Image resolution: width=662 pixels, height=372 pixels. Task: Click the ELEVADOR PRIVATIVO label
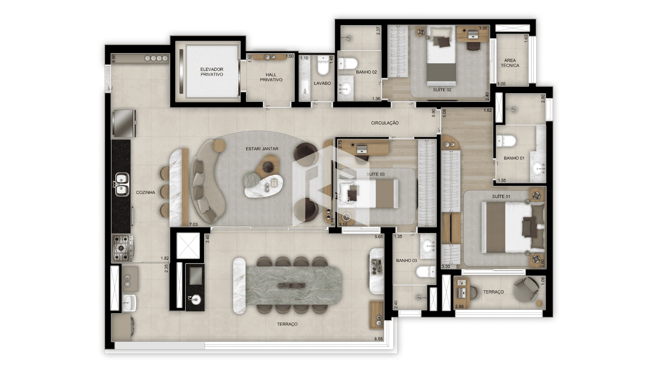pos(212,72)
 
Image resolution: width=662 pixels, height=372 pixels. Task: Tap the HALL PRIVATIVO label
pos(271,77)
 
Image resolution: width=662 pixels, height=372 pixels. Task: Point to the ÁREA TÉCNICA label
pos(510,63)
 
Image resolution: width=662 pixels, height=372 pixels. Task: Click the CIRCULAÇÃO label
pos(385,123)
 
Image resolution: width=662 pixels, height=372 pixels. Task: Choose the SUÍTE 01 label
pos(501,197)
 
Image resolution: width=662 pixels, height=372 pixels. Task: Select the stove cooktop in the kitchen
pos(122,248)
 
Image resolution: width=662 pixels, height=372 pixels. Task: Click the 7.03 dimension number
pos(193,225)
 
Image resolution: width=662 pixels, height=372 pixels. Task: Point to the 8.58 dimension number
pos(379,339)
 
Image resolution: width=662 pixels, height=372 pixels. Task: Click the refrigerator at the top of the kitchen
pos(123,123)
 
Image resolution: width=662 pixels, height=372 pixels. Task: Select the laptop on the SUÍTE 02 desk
pos(473,34)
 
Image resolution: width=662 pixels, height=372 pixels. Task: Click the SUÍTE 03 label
pos(375,174)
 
